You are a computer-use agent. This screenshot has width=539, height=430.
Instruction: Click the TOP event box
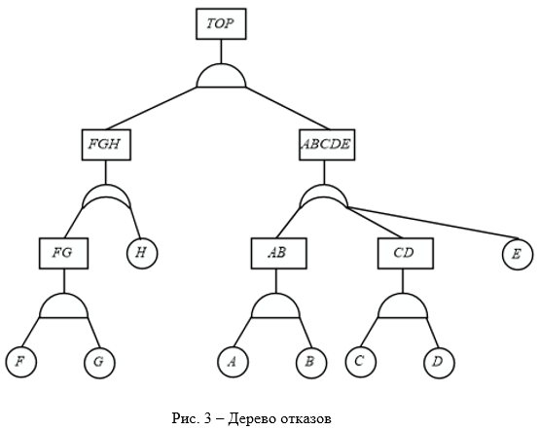click(221, 24)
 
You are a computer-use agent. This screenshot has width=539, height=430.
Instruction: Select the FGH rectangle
click(106, 145)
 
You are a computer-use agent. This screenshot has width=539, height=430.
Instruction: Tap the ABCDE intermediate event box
click(327, 145)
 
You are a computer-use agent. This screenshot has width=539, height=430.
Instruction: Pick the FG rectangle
click(63, 253)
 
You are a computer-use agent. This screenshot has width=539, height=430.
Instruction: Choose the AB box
click(279, 253)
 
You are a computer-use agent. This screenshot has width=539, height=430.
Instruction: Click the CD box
click(406, 253)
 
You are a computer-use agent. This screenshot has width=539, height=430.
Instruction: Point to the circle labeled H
click(142, 253)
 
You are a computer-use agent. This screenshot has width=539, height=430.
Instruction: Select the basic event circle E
click(518, 254)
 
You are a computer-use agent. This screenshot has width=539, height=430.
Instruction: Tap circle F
click(21, 362)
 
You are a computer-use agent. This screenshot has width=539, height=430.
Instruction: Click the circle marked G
click(99, 362)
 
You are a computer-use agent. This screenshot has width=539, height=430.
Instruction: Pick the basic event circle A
click(234, 362)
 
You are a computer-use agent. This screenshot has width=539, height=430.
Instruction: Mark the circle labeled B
click(311, 362)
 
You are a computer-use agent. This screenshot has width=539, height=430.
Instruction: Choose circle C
click(361, 362)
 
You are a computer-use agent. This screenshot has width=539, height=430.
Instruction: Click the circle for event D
click(439, 362)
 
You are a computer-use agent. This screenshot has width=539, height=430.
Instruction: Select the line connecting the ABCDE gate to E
click(433, 223)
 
